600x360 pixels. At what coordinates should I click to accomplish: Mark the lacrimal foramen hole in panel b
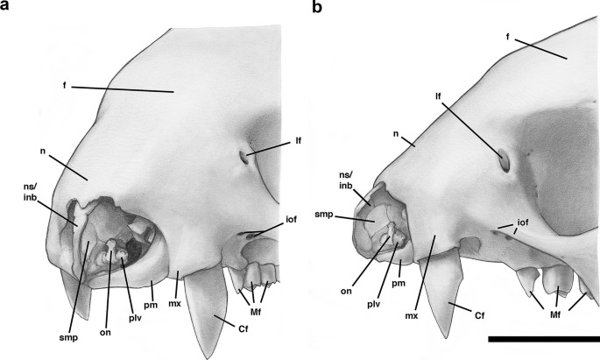pos(505,160)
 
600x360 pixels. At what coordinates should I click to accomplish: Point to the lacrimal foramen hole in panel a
pos(244,159)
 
